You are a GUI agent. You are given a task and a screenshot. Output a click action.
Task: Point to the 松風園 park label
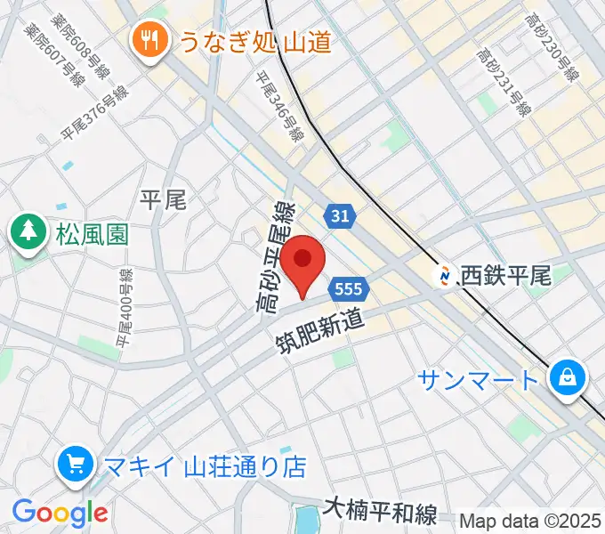(x=92, y=235)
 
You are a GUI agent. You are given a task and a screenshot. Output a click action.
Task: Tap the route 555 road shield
(x=349, y=289)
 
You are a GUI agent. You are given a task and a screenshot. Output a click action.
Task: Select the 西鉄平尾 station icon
(x=442, y=276)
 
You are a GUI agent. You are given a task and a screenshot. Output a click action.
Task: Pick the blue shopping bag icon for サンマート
(x=565, y=378)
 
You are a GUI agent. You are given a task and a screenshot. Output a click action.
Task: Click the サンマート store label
(x=479, y=380)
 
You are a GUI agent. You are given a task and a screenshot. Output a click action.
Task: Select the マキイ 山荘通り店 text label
(x=204, y=465)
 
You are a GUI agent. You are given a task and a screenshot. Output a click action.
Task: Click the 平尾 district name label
(x=164, y=199)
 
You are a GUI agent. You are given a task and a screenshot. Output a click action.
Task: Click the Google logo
(x=60, y=513)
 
